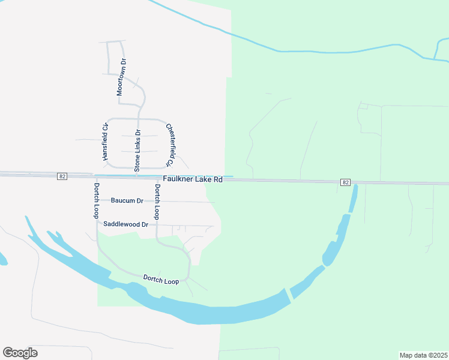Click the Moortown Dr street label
point(124,78)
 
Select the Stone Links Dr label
point(137,151)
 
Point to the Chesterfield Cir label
point(170,145)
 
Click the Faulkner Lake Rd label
point(192,179)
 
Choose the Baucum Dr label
point(127,200)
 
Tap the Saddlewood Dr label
point(125,224)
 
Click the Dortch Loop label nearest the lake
point(161,280)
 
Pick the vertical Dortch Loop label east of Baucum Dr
point(157,201)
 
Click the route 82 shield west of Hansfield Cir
point(62,176)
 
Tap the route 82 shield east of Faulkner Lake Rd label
point(344,182)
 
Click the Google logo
point(20,352)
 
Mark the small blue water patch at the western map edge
point(2,259)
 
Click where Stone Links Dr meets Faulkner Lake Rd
point(137,176)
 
